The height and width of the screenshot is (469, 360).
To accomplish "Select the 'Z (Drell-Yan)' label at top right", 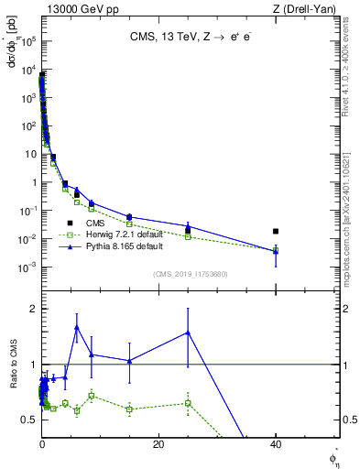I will click(x=308, y=8).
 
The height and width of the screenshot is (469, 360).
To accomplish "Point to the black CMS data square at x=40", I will click(x=275, y=232).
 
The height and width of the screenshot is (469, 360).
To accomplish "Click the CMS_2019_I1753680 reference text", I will click(x=190, y=273).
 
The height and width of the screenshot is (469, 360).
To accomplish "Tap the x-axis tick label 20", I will click(x=158, y=444).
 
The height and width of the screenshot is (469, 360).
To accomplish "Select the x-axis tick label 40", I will click(x=275, y=444).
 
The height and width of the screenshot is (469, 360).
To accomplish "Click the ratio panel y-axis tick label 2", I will click(x=32, y=309).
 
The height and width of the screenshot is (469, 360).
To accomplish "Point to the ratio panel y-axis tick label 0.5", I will click(x=28, y=420).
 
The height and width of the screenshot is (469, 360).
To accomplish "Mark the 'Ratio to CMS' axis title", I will click(x=13, y=364).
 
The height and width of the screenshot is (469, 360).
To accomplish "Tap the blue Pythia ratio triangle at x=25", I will click(x=188, y=333).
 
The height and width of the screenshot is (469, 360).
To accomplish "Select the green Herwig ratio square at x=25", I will click(x=188, y=403).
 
